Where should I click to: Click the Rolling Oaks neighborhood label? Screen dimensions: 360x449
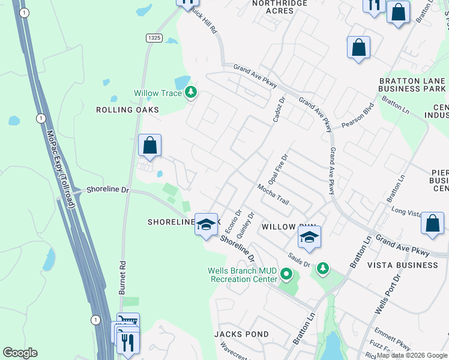coord(128,110)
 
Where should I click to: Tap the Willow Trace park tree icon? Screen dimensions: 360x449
coord(191,92)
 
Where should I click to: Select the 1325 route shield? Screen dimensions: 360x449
coord(154,38)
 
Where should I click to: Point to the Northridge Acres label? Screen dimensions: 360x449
coord(280,7)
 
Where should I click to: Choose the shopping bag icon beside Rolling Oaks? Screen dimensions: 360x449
coord(149,145)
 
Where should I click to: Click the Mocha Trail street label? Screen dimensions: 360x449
coord(273,194)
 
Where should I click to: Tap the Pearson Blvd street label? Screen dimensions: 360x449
coord(358,116)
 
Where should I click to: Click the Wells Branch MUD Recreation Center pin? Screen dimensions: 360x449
coord(286,276)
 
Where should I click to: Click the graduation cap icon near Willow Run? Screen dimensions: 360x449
coord(309,237)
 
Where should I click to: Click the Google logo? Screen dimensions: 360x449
coord(20,353)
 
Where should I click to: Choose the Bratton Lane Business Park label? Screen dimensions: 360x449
coord(412,85)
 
